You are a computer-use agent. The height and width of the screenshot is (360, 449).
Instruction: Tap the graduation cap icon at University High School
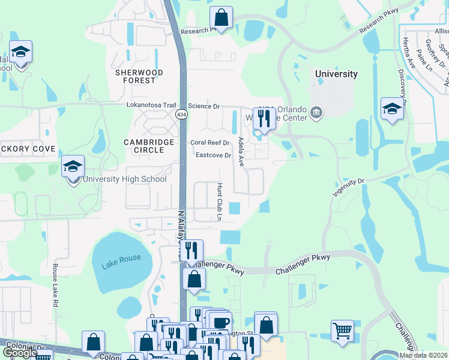[73, 167]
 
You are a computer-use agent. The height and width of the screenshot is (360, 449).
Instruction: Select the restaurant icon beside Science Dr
[264, 118]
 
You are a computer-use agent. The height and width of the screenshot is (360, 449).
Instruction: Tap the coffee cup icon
[220, 322]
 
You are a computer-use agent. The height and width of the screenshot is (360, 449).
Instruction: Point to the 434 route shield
[181, 114]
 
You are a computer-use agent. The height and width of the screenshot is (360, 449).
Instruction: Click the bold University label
[336, 74]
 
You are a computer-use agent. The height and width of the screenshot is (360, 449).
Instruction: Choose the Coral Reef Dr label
[210, 143]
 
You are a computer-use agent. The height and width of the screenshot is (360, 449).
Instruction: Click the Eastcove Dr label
[213, 155]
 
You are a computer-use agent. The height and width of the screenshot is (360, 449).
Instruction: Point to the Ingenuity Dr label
[348, 188]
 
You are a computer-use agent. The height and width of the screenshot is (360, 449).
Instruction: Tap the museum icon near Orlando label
[317, 112]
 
